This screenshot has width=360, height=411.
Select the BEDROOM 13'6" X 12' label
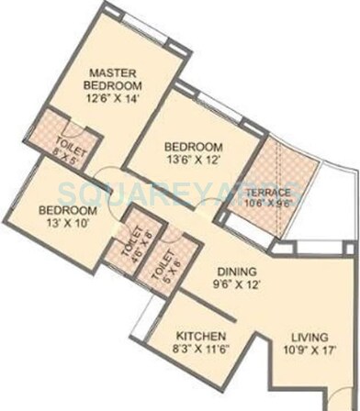pyautogui.click(x=193, y=147)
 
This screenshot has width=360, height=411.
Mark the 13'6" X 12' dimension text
pyautogui.click(x=193, y=161)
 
